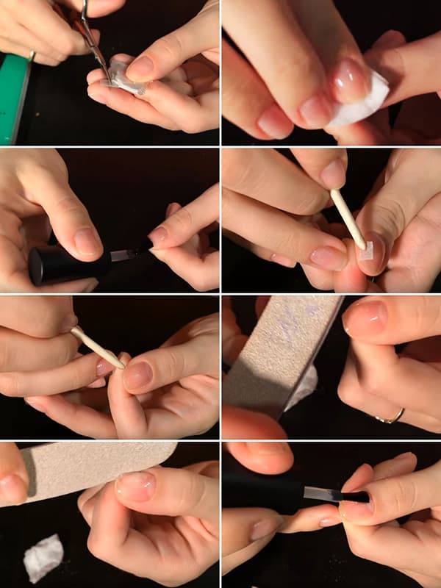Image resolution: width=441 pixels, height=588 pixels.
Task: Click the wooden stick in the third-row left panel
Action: click(x=96, y=348)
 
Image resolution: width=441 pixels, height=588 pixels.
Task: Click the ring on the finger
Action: click(x=390, y=417)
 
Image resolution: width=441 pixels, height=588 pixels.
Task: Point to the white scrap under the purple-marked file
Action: click(x=303, y=386)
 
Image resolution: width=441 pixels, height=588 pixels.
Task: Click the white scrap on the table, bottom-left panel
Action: click(x=43, y=557)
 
